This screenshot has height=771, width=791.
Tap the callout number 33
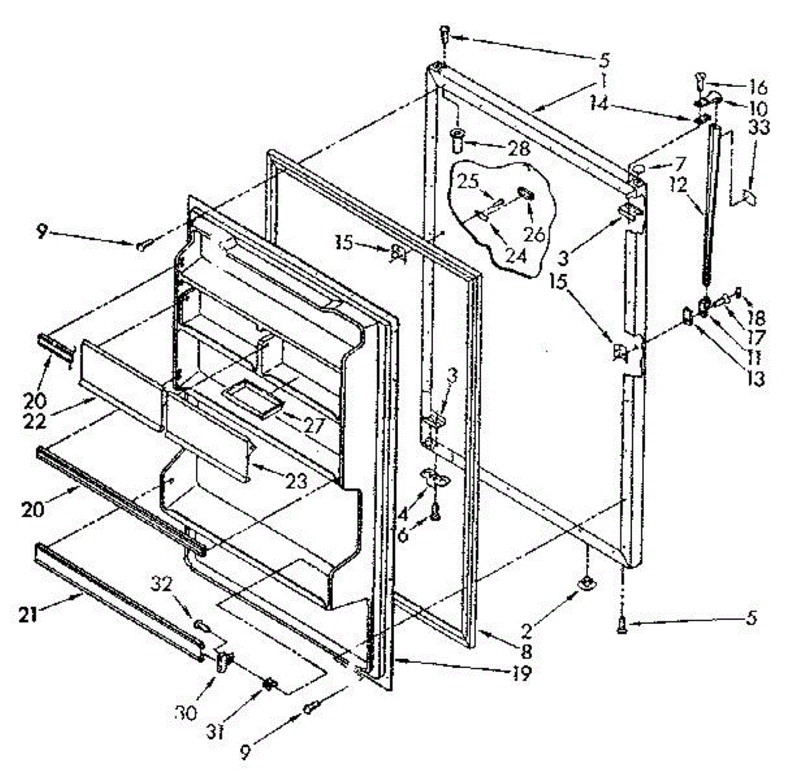pyautogui.click(x=759, y=127)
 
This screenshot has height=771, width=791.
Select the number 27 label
pyautogui.click(x=310, y=425)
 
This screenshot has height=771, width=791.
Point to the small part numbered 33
pyautogui.click(x=747, y=196)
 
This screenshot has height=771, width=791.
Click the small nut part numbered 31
pyautogui.click(x=269, y=684)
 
